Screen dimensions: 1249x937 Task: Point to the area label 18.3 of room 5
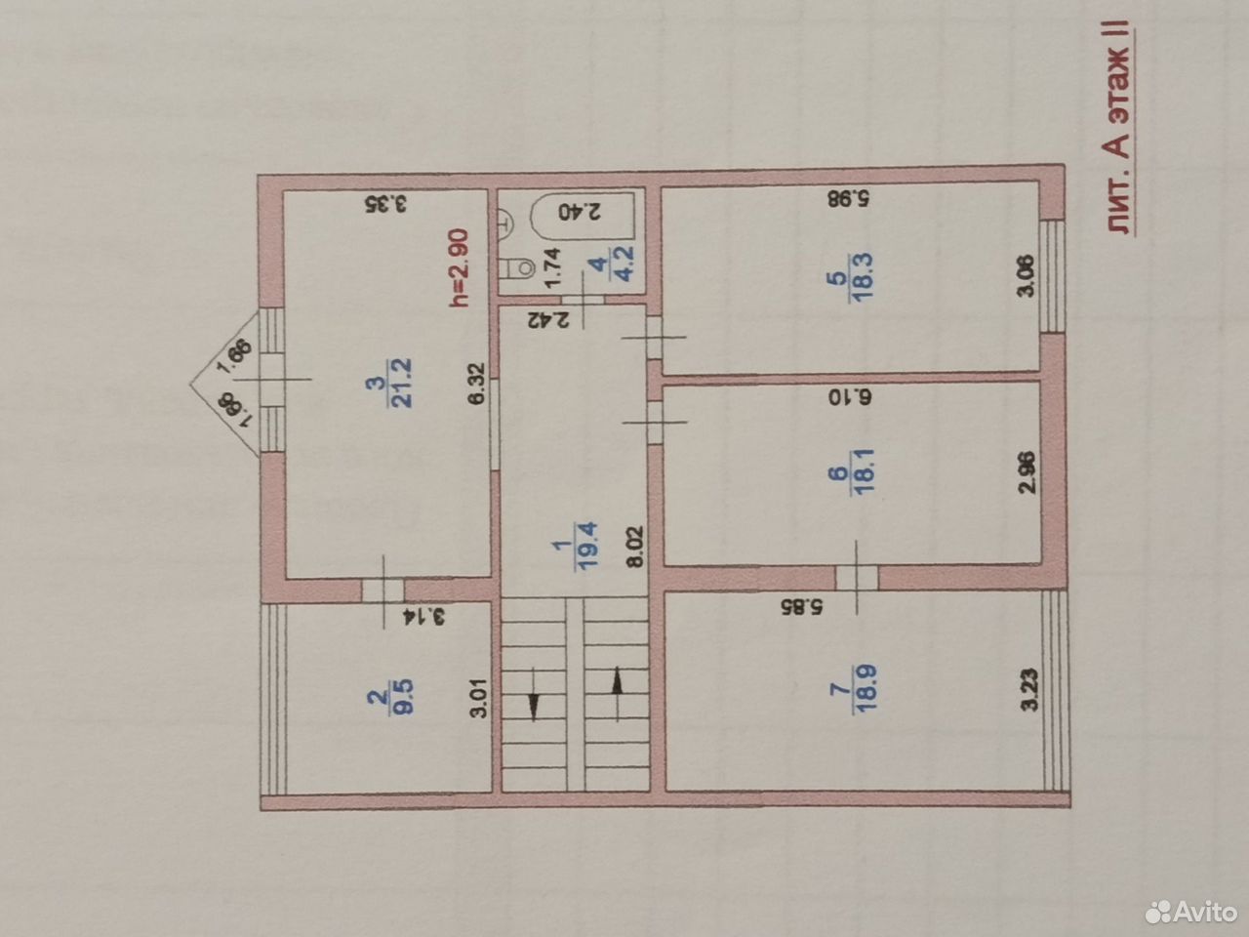pyautogui.click(x=861, y=277)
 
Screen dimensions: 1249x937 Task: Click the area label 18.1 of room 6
pyautogui.click(x=863, y=471)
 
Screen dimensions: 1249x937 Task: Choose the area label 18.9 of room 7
pyautogui.click(x=865, y=687)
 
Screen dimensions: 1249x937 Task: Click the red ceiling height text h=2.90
pyautogui.click(x=459, y=267)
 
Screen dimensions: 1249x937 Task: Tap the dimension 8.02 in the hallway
pyautogui.click(x=635, y=547)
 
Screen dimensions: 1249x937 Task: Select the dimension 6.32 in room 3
pyautogui.click(x=476, y=384)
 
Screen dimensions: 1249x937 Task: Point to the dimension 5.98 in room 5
pyautogui.click(x=848, y=198)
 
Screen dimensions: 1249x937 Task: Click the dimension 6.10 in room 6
pyautogui.click(x=850, y=396)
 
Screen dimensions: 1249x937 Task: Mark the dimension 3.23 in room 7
pyautogui.click(x=1029, y=689)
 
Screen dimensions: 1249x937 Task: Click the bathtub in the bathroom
pyautogui.click(x=583, y=216)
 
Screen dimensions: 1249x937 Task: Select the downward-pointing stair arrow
pyautogui.click(x=533, y=695)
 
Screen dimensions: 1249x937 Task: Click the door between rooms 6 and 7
pyautogui.click(x=857, y=578)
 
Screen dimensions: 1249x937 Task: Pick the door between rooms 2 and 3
pyautogui.click(x=383, y=590)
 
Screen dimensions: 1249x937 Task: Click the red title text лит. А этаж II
pyautogui.click(x=1118, y=127)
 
